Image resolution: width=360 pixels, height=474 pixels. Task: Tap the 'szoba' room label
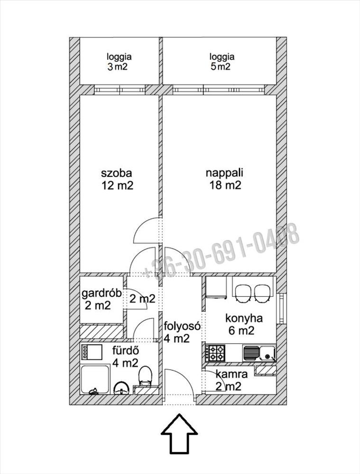[117, 173]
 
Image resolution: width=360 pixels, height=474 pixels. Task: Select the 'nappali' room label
[224, 173]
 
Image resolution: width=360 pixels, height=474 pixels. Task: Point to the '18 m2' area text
[225, 185]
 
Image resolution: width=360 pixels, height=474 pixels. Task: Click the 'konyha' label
[244, 319]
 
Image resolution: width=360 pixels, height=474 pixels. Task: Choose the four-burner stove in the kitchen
[215, 353]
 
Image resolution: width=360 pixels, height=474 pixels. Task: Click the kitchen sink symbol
[259, 353]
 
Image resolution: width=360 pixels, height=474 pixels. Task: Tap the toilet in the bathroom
[145, 375]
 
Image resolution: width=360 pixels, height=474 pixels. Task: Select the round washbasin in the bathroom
[121, 388]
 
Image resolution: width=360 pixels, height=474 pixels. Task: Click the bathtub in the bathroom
[95, 379]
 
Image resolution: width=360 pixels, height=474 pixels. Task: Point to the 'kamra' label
[232, 374]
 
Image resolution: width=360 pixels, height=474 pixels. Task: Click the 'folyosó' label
[182, 326]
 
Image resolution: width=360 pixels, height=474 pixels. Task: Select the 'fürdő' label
[126, 351]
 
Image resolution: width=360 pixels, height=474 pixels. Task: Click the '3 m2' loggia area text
[118, 67]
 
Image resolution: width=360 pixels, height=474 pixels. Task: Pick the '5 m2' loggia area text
[221, 66]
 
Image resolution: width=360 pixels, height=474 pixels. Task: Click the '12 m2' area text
[117, 185]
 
